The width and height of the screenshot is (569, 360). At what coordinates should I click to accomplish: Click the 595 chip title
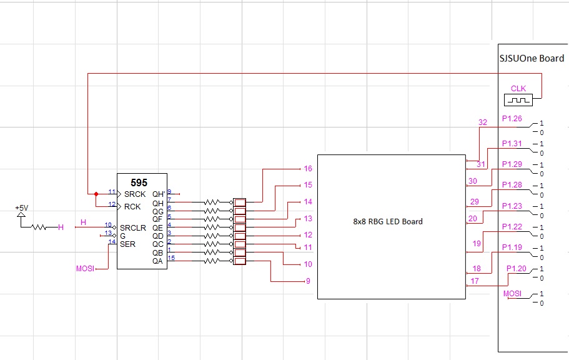139,182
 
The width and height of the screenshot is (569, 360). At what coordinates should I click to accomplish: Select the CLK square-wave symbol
518,100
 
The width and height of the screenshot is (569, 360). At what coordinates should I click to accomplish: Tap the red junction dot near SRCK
96,194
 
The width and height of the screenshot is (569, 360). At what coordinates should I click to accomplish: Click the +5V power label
22,207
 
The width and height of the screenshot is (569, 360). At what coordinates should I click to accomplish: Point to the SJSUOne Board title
532,59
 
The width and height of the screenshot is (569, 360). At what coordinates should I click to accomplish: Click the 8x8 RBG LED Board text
388,222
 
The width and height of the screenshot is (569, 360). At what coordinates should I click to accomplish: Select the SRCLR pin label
133,227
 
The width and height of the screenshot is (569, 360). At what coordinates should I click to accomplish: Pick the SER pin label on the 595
128,244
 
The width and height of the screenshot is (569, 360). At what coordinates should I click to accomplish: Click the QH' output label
159,194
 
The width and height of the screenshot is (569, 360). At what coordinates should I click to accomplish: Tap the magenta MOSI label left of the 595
86,269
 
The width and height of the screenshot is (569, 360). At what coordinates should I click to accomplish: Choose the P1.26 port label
512,118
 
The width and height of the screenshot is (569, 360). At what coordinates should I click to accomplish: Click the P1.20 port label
517,269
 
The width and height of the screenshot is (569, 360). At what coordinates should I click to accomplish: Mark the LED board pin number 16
308,169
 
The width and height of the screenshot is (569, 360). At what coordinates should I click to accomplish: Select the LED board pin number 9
308,281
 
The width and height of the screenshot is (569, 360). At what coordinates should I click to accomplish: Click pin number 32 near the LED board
483,122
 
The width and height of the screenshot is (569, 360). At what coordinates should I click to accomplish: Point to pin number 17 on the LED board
475,281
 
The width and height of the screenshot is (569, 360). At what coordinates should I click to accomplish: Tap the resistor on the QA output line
212,261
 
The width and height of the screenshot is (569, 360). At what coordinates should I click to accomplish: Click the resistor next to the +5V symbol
39,227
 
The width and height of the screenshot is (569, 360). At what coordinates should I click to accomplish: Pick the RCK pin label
132,207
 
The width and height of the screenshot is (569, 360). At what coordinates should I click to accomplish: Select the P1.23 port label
512,206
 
